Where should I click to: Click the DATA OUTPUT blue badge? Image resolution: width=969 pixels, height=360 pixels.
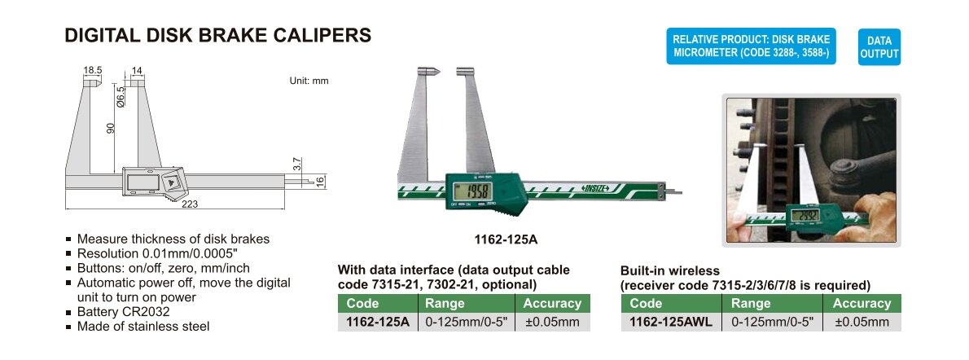[x=879, y=47]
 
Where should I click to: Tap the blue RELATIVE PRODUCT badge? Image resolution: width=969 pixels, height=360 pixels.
[x=751, y=46]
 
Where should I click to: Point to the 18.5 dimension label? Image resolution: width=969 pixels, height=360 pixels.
[x=92, y=72]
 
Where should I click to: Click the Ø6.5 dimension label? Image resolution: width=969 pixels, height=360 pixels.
[x=121, y=96]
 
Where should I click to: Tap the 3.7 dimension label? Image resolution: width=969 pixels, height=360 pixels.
[x=297, y=165]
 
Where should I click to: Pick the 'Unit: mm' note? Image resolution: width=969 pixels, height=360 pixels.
[x=309, y=81]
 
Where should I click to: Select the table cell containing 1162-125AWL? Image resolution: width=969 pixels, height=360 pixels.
[x=670, y=322]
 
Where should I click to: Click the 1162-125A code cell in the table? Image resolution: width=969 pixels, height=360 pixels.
[x=378, y=322]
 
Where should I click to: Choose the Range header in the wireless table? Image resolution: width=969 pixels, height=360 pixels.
[x=750, y=304]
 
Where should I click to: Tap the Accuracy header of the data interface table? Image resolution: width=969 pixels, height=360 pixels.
[x=552, y=304]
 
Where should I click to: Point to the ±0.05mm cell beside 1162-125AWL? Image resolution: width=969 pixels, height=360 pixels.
[x=862, y=322]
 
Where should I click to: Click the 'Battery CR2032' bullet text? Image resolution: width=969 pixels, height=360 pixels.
[x=123, y=312]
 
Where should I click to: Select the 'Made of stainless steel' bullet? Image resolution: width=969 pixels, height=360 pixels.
[x=143, y=326]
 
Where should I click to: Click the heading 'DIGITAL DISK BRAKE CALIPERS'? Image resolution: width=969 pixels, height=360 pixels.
[x=218, y=35]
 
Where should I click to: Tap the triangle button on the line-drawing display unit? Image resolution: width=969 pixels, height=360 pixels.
[x=171, y=182]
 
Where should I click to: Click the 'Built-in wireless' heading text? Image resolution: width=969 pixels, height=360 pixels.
[x=670, y=271]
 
